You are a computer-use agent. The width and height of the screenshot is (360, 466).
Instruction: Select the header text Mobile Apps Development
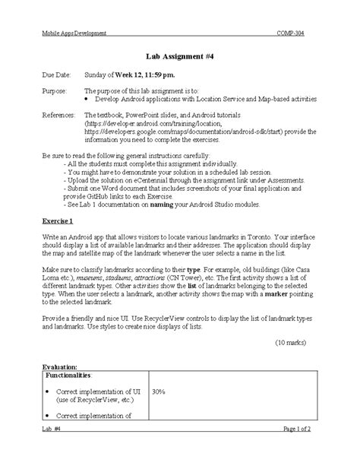(x=74, y=33)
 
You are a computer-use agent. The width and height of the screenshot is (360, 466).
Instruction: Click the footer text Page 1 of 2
(x=297, y=451)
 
